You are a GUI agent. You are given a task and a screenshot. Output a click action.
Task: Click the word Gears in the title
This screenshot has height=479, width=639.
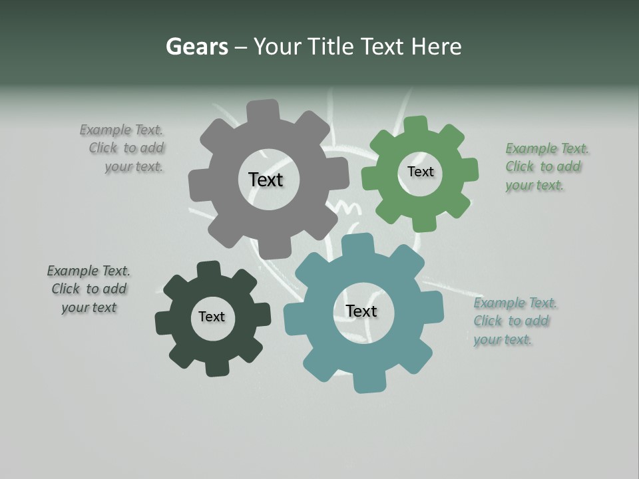(x=196, y=47)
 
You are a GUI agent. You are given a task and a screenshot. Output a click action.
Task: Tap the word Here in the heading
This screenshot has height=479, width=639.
(x=436, y=47)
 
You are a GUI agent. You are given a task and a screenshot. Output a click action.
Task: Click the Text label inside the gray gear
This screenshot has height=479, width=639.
(x=266, y=180)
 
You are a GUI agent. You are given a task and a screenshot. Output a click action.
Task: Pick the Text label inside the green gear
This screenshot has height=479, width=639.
(x=420, y=172)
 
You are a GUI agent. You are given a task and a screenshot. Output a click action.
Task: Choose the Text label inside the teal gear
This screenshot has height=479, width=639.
(x=361, y=311)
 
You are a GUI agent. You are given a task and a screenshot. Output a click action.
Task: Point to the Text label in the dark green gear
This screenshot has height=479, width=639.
(x=212, y=317)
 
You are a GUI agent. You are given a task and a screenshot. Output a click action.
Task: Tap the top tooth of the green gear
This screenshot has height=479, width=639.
(x=415, y=126)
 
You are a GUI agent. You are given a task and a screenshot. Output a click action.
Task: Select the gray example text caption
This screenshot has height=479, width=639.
(x=124, y=148)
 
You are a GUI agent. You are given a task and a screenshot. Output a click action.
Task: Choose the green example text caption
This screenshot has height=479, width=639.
(x=545, y=166)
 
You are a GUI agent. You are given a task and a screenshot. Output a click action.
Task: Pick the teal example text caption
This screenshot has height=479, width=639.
(x=514, y=321)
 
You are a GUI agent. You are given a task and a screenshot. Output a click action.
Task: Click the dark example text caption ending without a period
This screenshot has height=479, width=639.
(x=89, y=289)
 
